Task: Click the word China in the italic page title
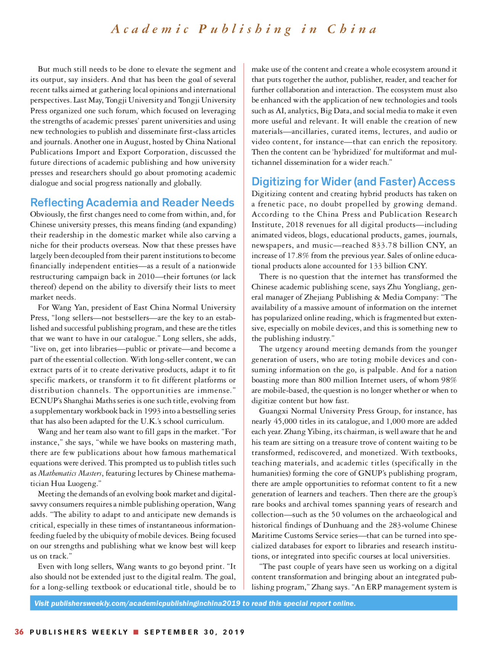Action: (352, 29)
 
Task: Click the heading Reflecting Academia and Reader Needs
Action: (132, 202)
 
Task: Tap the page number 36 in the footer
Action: (19, 632)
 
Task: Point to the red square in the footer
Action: (135, 632)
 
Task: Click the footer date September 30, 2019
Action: (194, 632)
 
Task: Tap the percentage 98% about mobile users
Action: (449, 380)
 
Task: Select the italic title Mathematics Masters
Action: (70, 473)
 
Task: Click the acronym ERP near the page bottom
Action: (376, 587)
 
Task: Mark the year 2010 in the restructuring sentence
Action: (145, 277)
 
